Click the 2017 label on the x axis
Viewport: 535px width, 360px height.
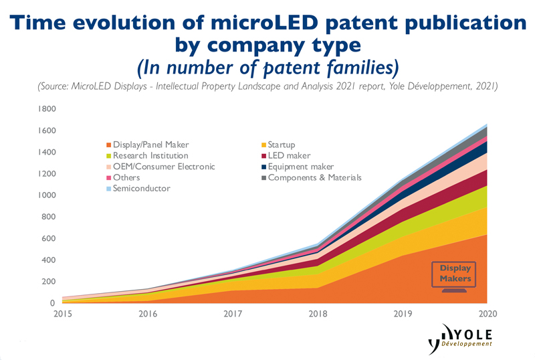231,314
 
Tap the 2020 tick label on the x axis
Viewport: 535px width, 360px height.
488,314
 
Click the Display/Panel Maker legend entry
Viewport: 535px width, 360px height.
149,145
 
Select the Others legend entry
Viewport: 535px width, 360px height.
126,178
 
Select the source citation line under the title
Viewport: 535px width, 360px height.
267,87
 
